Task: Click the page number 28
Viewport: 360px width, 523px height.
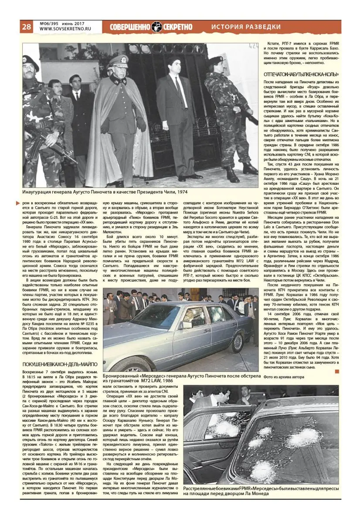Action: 26,27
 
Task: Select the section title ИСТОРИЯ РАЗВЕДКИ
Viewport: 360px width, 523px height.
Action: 246,27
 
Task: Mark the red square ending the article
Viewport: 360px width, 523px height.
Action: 336,371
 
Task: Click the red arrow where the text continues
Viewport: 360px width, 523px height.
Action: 17,203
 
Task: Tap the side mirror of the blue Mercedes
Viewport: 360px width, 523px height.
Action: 187,324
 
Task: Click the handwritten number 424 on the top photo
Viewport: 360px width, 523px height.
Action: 251,45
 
